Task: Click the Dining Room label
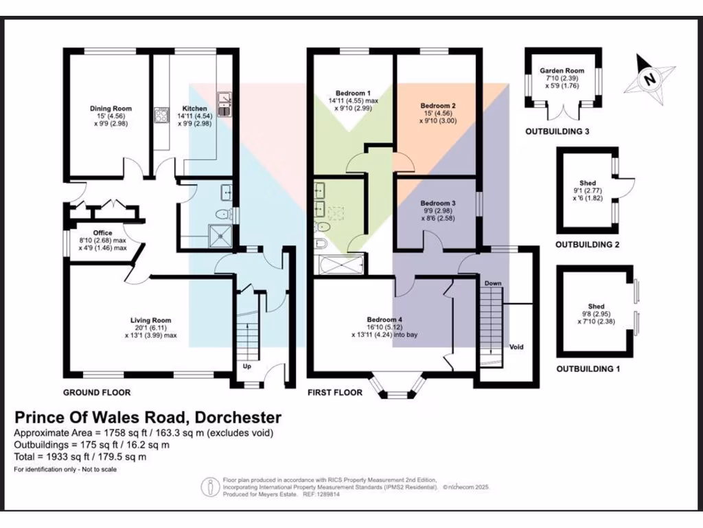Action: [111, 109]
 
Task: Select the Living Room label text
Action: [150, 320]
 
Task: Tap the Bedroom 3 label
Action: [437, 203]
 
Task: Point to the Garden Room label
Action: [562, 71]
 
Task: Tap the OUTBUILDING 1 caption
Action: [588, 369]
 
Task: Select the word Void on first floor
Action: [516, 347]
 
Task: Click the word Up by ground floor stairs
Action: [247, 366]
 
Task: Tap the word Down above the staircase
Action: [493, 283]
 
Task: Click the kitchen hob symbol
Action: [161, 115]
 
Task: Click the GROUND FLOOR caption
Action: [97, 393]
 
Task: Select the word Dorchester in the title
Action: [238, 417]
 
